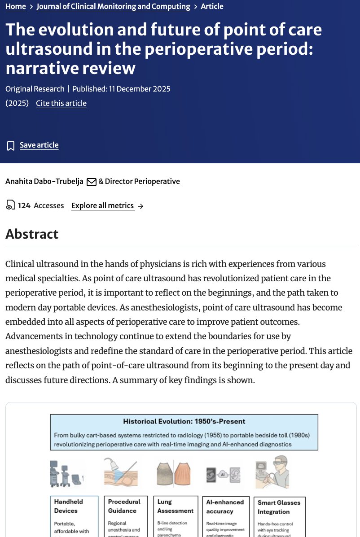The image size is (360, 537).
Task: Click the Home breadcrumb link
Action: coord(16,7)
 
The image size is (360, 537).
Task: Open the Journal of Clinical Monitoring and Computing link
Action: coord(113,7)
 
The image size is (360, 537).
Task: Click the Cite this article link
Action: coord(61,103)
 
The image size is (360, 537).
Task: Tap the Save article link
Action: coord(39,145)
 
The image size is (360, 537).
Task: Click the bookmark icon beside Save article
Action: coord(11,146)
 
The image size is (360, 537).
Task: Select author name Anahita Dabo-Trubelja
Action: coord(44,182)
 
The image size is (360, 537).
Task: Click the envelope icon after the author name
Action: coord(92,182)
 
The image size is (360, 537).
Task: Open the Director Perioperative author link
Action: coord(142,182)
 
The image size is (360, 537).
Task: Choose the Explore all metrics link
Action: coord(103,206)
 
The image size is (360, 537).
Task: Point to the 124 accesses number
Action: coord(24,206)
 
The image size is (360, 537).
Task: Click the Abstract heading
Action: coord(32,234)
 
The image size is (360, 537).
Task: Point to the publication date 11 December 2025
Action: coord(139,89)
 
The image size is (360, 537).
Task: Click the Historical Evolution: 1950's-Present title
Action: coord(184,422)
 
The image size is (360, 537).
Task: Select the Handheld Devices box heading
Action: coord(69,506)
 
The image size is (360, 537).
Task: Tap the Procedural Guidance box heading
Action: coord(124,506)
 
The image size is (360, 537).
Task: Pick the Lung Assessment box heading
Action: coord(176,506)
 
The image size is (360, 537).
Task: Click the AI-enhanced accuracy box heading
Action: coord(225,506)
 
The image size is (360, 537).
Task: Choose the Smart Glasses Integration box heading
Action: coord(279,507)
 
